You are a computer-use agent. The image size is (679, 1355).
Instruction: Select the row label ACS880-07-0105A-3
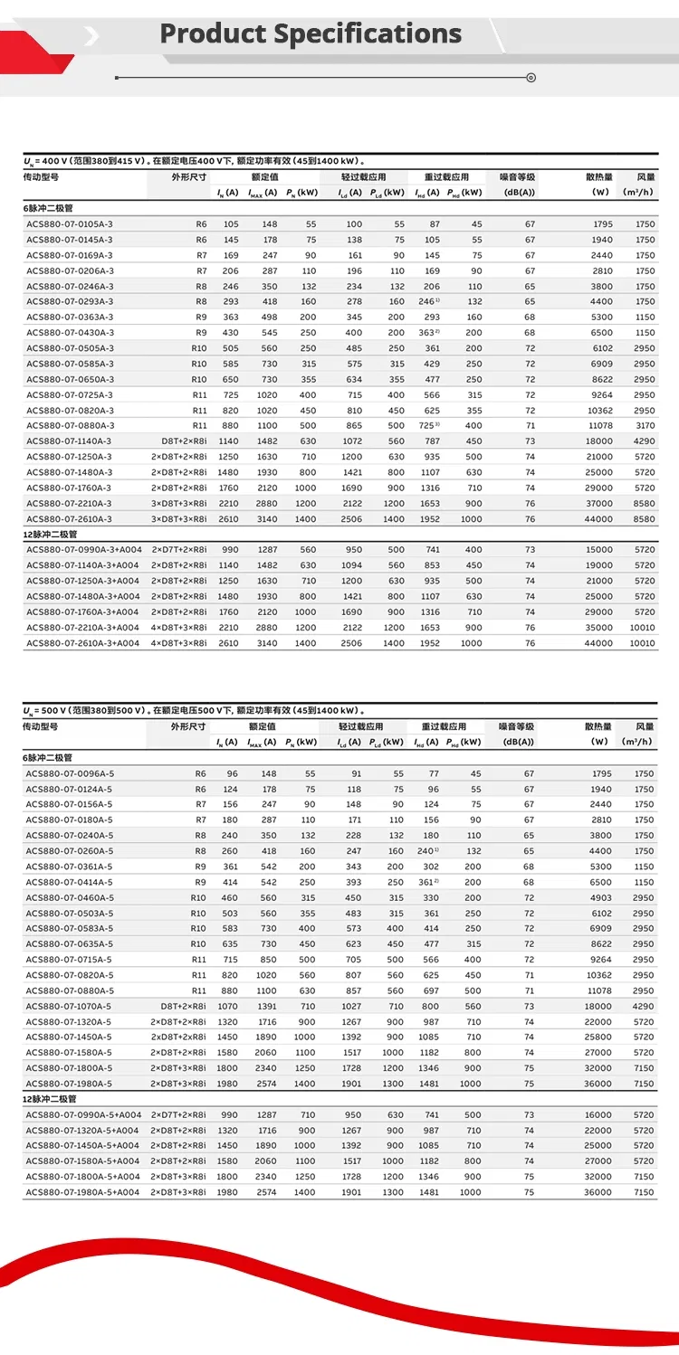coord(70,224)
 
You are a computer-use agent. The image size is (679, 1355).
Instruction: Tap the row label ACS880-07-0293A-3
coord(70,302)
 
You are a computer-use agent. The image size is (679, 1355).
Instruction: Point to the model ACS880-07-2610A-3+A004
coord(82,643)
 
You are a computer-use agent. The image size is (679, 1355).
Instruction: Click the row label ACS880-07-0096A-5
coord(70,774)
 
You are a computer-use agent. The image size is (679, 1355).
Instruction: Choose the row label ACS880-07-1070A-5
coord(70,1007)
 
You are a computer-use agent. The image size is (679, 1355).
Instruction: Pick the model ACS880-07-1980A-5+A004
coord(82,1193)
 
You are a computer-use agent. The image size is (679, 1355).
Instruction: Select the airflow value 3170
coord(644,426)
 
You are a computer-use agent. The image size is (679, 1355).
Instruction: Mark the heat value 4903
coord(600,898)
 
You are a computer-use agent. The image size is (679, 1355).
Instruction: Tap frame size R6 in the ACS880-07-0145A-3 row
coord(201,240)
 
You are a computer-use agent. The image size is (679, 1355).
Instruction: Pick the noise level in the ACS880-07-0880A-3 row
coord(530,426)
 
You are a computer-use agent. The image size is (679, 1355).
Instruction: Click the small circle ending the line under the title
coord(531,78)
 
